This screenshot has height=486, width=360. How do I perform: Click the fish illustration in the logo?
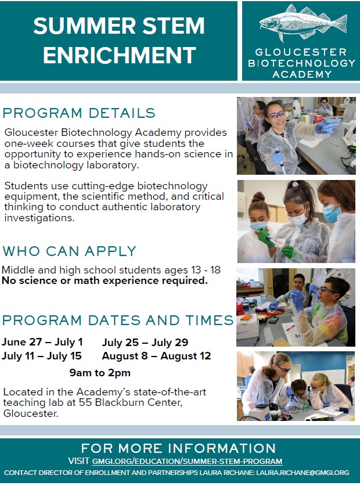pyautogui.click(x=303, y=21)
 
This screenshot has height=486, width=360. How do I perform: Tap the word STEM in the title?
pyautogui.click(x=174, y=26)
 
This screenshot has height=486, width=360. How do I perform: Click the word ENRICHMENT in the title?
pyautogui.click(x=120, y=55)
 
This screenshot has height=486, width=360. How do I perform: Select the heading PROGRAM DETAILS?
pyautogui.click(x=79, y=113)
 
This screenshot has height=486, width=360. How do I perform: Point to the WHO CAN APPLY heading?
pyautogui.click(x=70, y=251)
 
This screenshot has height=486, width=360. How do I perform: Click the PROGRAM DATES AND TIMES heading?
pyautogui.click(x=118, y=320)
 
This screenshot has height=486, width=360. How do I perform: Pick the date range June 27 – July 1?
pyautogui.click(x=42, y=342)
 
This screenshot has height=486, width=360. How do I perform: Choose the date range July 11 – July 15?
pyautogui.click(x=42, y=356)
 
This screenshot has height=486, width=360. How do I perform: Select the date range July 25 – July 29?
pyautogui.click(x=145, y=342)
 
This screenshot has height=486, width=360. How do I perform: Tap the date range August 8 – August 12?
pyautogui.click(x=156, y=356)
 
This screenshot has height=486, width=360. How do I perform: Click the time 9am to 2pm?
pyautogui.click(x=100, y=373)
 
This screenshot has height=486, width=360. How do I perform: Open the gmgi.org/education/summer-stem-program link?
pyautogui.click(x=188, y=461)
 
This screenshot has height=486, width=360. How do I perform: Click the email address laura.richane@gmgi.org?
pyautogui.click(x=303, y=473)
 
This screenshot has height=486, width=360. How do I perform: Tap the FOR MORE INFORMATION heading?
pyautogui.click(x=178, y=448)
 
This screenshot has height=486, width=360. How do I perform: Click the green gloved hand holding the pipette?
pyautogui.click(x=265, y=237)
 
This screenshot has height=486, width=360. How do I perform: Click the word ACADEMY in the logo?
pyautogui.click(x=302, y=74)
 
